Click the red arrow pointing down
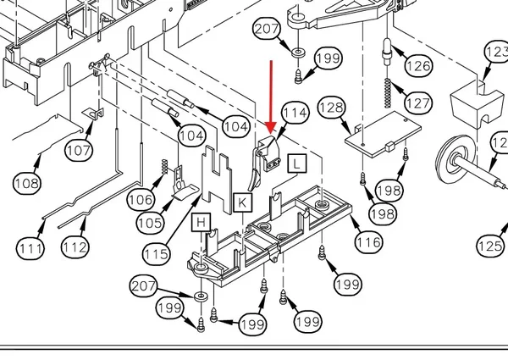tap(271, 97)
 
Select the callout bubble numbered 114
tap(295, 113)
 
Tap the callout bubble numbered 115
tap(157, 254)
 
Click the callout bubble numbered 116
tap(368, 241)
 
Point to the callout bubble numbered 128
tap(332, 108)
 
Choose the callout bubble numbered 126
tap(418, 66)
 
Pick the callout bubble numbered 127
tap(418, 103)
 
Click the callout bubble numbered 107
tap(79, 150)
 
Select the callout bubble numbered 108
tap(27, 184)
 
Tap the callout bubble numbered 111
tap(30, 248)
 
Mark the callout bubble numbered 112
tap(75, 247)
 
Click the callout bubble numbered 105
tap(151, 223)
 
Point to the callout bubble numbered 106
tap(141, 200)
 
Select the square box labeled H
tap(202, 222)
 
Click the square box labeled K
tap(242, 202)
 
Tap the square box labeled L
tap(297, 163)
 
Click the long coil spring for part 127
tap(388, 92)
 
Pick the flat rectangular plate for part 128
tap(383, 135)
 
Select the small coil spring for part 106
tap(165, 167)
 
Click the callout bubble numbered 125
tap(490, 246)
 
